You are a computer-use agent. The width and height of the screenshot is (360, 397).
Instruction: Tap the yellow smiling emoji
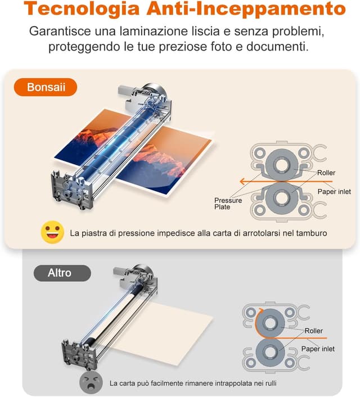tap(52, 232)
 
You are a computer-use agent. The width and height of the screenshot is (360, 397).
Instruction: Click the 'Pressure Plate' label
tap(228, 203)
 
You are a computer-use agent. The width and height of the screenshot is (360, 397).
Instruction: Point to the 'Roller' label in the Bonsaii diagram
tap(326, 173)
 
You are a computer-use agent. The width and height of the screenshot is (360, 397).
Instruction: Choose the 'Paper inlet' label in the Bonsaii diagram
tap(334, 192)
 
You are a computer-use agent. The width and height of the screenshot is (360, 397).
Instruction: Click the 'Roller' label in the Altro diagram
tap(314, 331)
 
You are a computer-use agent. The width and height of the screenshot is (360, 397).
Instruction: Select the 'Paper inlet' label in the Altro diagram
tap(318, 349)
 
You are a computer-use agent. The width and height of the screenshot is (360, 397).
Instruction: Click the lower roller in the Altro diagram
tap(270, 354)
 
